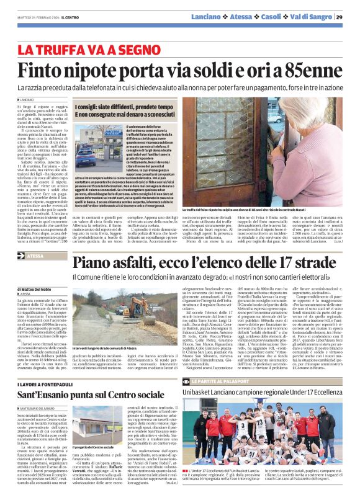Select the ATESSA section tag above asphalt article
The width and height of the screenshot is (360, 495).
pos(53,256)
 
